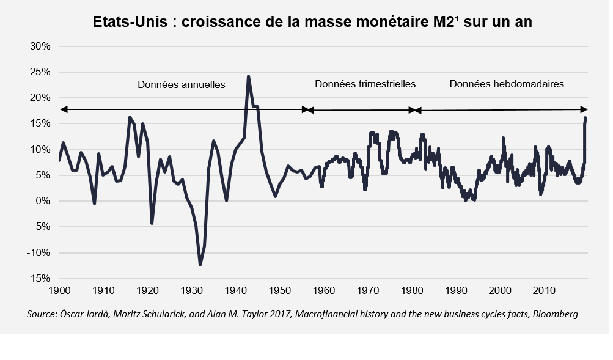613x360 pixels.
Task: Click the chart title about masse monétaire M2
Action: (312, 22)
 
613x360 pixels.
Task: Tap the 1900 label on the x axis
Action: (59, 291)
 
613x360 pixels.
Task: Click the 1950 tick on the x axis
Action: (280, 291)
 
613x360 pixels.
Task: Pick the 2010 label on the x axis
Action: (544, 291)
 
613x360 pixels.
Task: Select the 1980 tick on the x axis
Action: (412, 291)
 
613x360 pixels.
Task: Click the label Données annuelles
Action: (181, 84)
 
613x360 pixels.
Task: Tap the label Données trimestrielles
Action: (365, 84)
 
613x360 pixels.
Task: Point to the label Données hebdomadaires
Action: (507, 84)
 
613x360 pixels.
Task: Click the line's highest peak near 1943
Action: (248, 76)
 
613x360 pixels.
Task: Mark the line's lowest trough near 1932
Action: (200, 265)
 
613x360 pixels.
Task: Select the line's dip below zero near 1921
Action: (152, 223)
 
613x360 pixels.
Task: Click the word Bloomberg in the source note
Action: (556, 314)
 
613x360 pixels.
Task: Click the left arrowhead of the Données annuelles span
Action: (62, 109)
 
